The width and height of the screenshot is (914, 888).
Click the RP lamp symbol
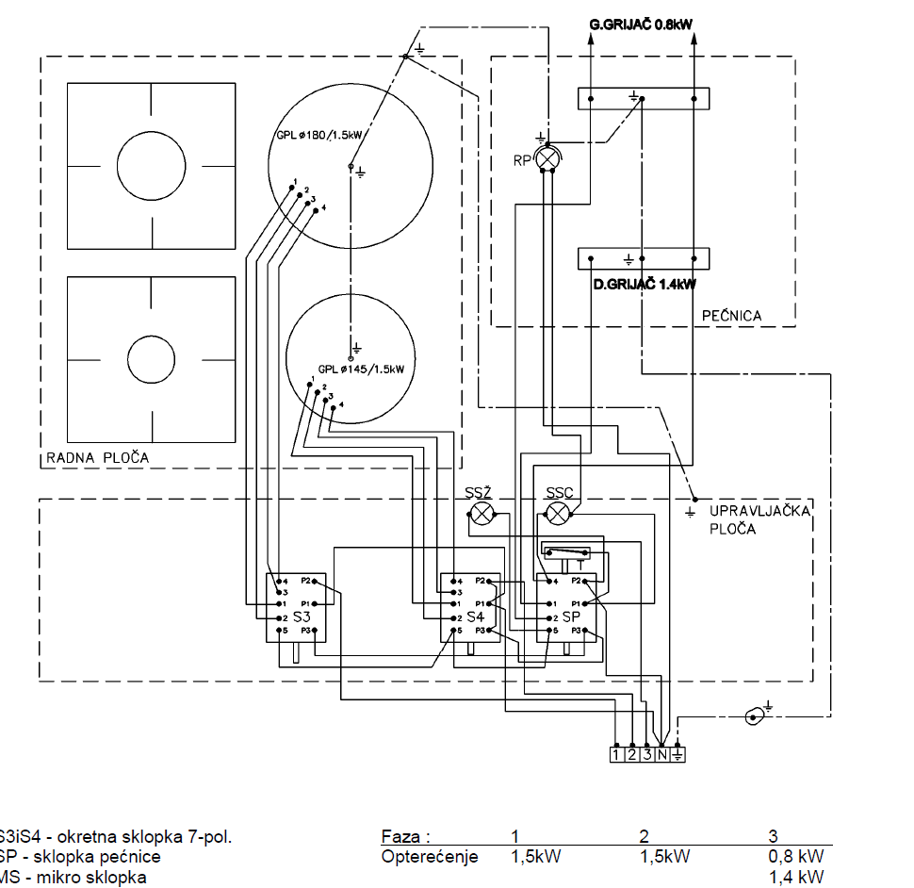tap(547, 160)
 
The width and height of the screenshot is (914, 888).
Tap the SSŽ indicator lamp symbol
tap(482, 514)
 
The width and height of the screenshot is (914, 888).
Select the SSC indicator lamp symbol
tap(560, 514)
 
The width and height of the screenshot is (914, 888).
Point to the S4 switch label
tap(477, 617)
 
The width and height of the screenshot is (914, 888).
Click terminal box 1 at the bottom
tap(616, 753)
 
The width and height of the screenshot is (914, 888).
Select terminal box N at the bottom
tap(661, 753)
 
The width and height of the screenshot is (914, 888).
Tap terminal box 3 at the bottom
tap(646, 753)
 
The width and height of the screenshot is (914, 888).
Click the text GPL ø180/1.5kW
tap(319, 134)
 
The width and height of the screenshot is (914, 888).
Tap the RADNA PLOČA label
tap(97, 459)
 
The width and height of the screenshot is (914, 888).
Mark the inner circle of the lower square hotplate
tap(152, 358)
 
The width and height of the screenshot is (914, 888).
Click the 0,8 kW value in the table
tap(796, 857)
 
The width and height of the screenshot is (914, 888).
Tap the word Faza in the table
tap(405, 836)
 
